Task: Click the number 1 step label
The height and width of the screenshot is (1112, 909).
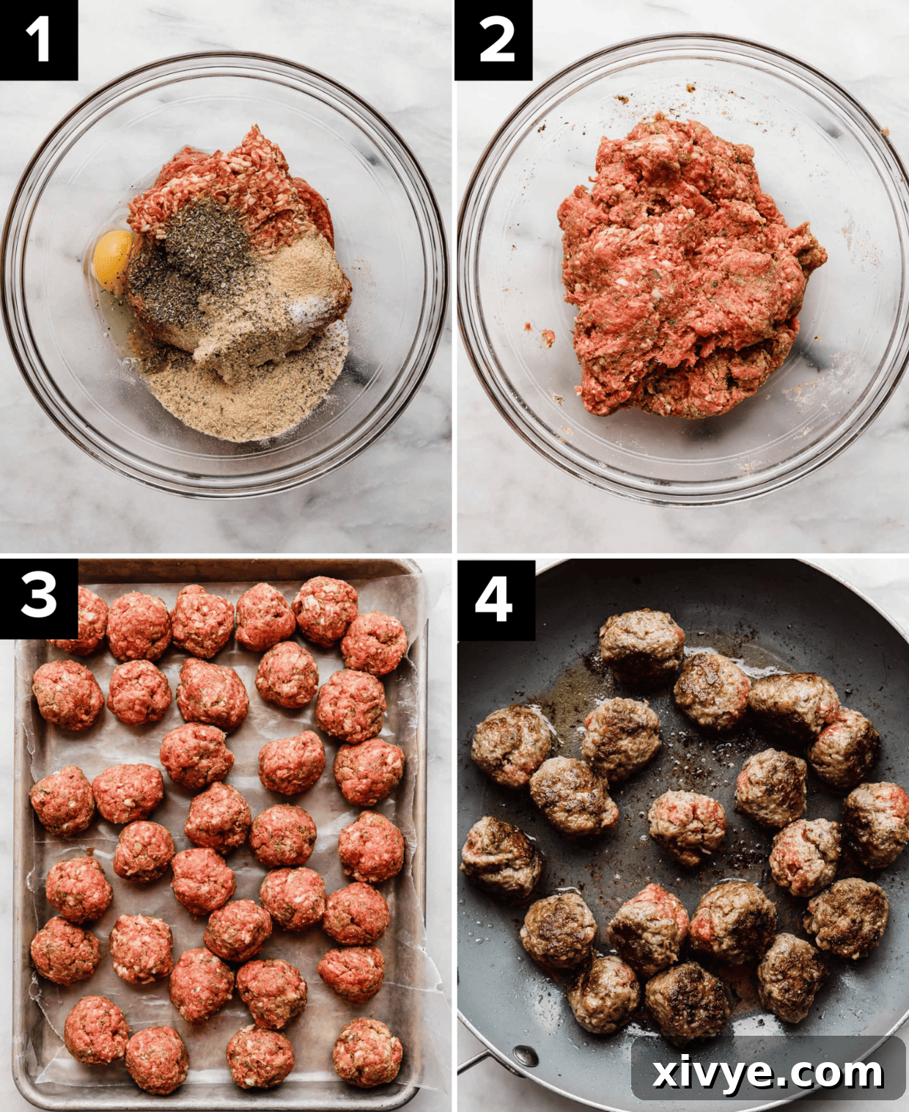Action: coord(38,40)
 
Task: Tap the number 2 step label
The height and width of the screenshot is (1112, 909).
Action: coord(494,40)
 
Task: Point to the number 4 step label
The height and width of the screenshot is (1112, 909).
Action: coord(494,600)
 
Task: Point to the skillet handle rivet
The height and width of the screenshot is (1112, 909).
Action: coord(525,1056)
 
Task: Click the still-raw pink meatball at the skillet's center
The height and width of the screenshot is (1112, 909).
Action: coord(686,824)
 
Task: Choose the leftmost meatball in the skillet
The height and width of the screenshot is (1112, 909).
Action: coord(500,857)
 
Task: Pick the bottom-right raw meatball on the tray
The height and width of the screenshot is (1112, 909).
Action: coord(367,1052)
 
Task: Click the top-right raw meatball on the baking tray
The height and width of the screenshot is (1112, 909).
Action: coord(374,643)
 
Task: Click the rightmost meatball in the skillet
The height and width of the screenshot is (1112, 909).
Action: coord(878,823)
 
